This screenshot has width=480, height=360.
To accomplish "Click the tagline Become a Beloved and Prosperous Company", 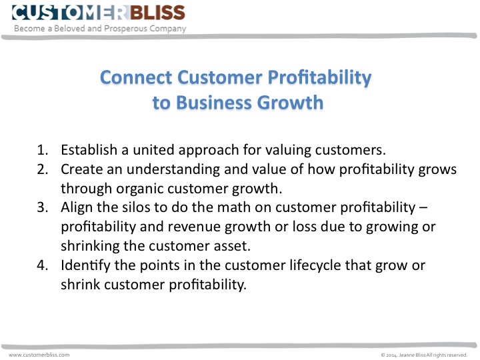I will pos(100,29).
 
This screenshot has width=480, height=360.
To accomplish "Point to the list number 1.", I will pos(41,150).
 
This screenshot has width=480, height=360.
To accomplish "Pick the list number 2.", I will pos(41,169).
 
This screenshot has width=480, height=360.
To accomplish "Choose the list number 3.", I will pos(41,207).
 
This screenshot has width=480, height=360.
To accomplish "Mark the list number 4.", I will pos(41,265).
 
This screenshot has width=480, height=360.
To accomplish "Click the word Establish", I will pos(89,150).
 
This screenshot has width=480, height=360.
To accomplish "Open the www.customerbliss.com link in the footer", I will pos(39,355).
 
